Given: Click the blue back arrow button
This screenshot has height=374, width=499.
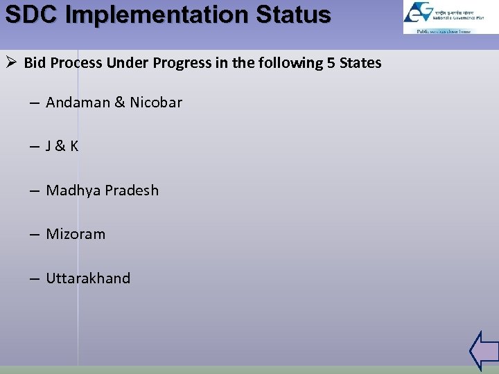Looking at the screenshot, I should coord(484,350).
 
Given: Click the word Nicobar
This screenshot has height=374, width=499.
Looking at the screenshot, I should coord(156,103).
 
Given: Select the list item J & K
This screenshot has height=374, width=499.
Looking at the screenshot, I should coord(62,146).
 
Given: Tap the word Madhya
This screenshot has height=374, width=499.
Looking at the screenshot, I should coord(72,190).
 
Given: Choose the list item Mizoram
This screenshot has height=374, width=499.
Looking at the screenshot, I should coord(76,234).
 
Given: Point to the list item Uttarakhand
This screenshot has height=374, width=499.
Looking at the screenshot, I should coord(88,278).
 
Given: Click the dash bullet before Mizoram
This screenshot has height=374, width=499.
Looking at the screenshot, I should coord(34,235).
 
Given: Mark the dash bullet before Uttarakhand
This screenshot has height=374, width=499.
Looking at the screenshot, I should coord(34,279).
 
